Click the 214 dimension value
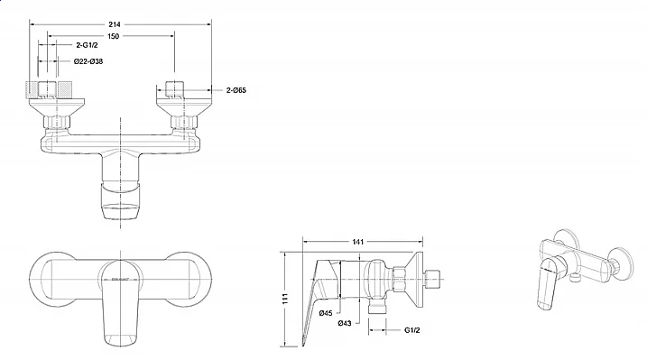(x=115, y=24)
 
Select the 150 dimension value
(x=113, y=36)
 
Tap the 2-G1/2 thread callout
(x=87, y=45)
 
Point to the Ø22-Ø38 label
(x=88, y=61)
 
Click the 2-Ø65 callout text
(x=236, y=90)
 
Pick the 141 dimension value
(x=357, y=242)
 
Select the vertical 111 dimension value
(x=285, y=299)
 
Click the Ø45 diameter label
(x=326, y=313)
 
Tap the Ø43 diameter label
(x=345, y=323)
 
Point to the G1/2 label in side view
(x=411, y=330)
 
